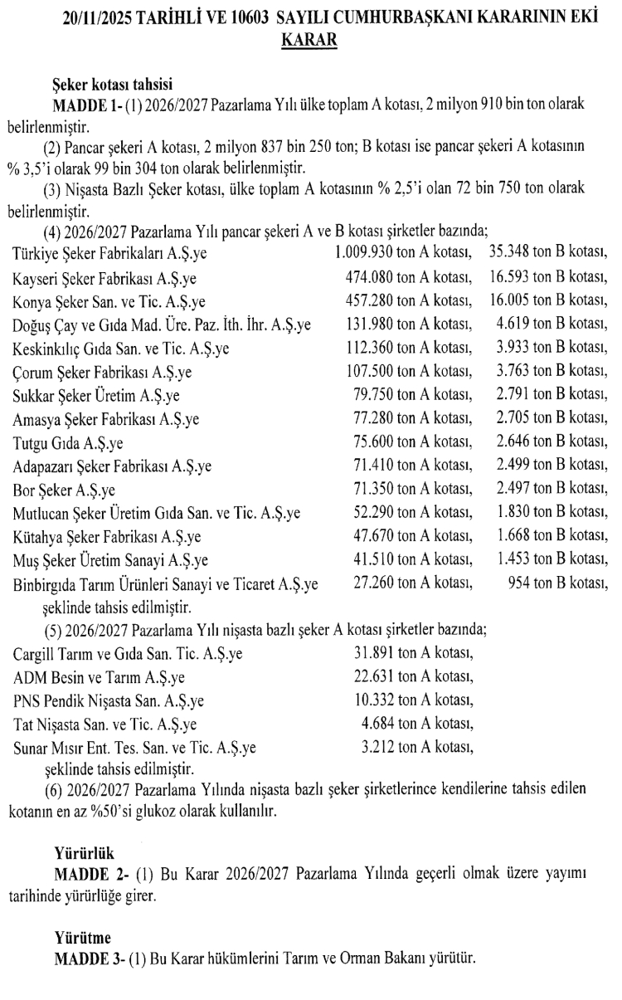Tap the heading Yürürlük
pyautogui.click(x=84, y=854)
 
